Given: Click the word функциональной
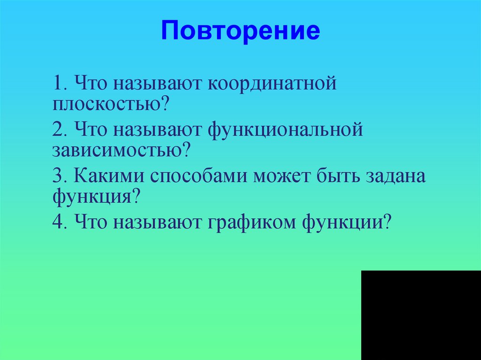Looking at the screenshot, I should [x=286, y=130].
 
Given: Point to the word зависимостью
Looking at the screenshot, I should [x=117, y=150].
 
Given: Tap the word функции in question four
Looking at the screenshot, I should [x=343, y=221].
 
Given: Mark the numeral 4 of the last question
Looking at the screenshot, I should [x=58, y=221].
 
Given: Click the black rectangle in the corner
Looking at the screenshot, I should [x=421, y=315].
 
